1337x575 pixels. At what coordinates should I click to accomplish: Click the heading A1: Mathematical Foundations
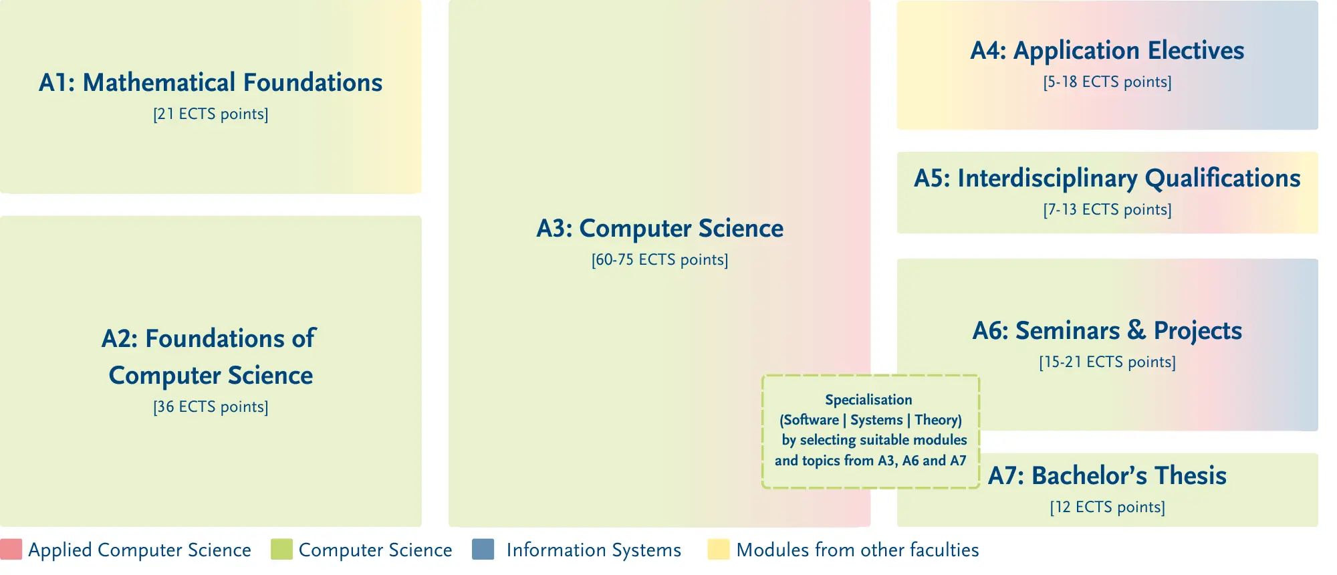pyautogui.click(x=211, y=82)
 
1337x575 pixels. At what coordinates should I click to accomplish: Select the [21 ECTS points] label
pyautogui.click(x=211, y=114)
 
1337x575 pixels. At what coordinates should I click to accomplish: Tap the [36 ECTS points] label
pyautogui.click(x=211, y=407)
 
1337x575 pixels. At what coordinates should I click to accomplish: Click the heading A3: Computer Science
pyautogui.click(x=660, y=229)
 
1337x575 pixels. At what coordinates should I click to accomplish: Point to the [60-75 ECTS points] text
pyautogui.click(x=660, y=260)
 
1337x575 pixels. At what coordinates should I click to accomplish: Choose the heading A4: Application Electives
pyautogui.click(x=1108, y=51)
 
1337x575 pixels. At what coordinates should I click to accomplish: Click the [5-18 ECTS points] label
pyautogui.click(x=1108, y=82)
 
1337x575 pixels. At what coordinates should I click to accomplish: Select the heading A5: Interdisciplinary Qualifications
pyautogui.click(x=1108, y=179)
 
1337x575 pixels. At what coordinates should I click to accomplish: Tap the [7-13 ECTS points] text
pyautogui.click(x=1108, y=210)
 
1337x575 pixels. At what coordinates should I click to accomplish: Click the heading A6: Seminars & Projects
pyautogui.click(x=1108, y=330)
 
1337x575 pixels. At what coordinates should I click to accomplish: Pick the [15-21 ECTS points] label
pyautogui.click(x=1108, y=362)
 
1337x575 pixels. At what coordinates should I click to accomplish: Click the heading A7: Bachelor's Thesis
pyautogui.click(x=1108, y=475)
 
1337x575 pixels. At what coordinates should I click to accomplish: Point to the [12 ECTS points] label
pyautogui.click(x=1108, y=507)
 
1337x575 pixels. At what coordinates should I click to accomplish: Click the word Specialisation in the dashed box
pyautogui.click(x=868, y=400)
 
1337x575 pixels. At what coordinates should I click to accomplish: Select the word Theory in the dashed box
pyautogui.click(x=936, y=420)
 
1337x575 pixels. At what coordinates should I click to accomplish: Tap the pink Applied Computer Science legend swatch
pyautogui.click(x=11, y=549)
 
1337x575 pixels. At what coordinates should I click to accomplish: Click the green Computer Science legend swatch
pyautogui.click(x=281, y=549)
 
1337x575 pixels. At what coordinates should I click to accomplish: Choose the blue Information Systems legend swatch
pyautogui.click(x=483, y=549)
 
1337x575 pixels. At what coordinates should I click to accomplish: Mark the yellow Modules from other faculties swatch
pyautogui.click(x=719, y=549)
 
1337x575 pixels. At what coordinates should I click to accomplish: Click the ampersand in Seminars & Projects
pyautogui.click(x=1136, y=330)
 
